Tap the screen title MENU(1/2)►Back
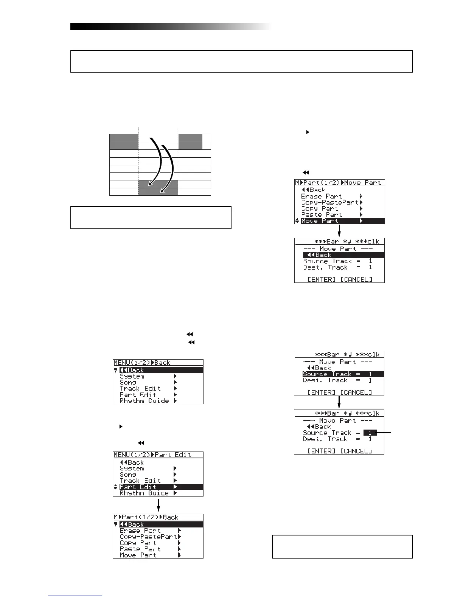pyautogui.click(x=142, y=363)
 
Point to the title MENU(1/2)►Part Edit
pyautogui.click(x=152, y=455)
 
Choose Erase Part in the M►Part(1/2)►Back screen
pyautogui.click(x=141, y=531)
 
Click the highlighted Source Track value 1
pyautogui.click(x=370, y=433)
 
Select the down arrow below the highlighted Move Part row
pyautogui.click(x=339, y=231)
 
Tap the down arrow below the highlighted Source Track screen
pyautogui.click(x=339, y=403)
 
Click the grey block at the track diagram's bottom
pyautogui.click(x=158, y=188)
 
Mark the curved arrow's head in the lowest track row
pyautogui.click(x=162, y=192)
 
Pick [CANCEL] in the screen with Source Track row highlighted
pyautogui.click(x=356, y=392)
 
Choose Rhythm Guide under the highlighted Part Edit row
pyautogui.click(x=144, y=493)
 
